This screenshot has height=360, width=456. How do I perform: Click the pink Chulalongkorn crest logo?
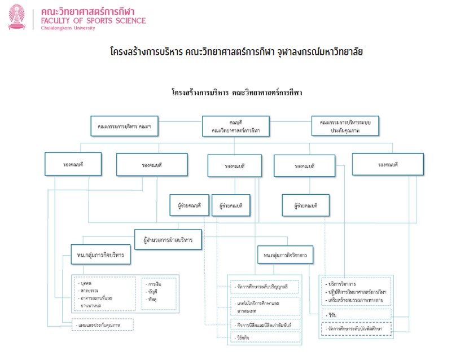(x=17, y=17)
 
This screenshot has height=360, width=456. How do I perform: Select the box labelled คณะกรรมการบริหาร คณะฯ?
(x=124, y=125)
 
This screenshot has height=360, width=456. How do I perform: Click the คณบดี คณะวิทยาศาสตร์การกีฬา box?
(x=235, y=126)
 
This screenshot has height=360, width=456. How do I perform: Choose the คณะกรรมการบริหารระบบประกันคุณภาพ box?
(x=345, y=126)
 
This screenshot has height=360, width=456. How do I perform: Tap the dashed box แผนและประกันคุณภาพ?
(x=103, y=325)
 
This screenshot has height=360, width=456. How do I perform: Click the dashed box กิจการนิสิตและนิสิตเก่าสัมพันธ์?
(x=265, y=325)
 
